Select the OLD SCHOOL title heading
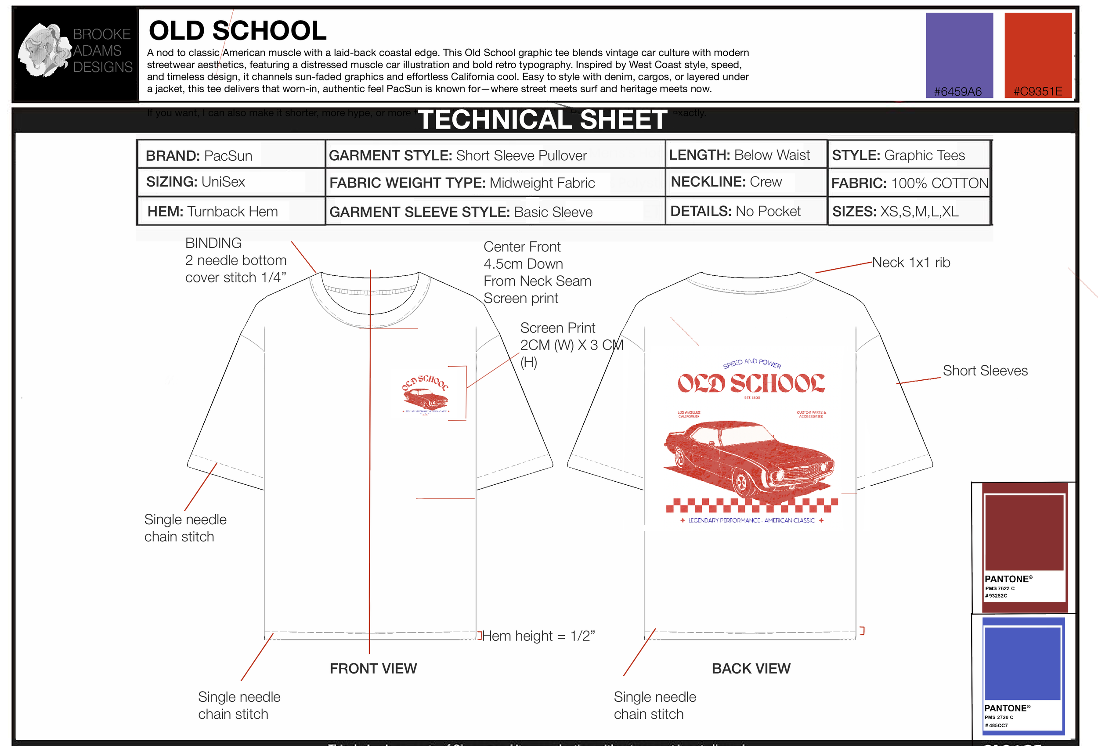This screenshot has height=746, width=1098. tap(237, 31)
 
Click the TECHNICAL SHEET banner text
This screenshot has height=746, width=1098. tap(542, 119)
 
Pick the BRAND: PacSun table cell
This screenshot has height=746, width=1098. tap(199, 155)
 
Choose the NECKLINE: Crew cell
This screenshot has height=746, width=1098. tap(726, 182)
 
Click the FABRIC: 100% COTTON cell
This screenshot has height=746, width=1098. tap(909, 183)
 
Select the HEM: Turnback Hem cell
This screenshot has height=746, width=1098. tap(213, 211)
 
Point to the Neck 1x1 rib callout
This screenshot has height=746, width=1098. tap(910, 262)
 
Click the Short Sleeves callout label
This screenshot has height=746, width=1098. tap(985, 371)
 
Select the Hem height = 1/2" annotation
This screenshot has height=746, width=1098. tap(538, 636)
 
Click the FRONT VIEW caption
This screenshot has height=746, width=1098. tap(373, 669)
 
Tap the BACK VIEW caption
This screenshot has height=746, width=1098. tap(751, 669)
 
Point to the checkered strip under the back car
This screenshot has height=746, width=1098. tap(751, 505)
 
